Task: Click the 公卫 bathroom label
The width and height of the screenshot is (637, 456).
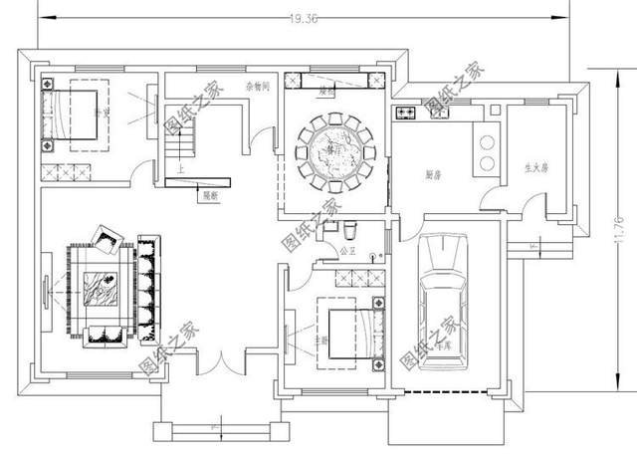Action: coord(348,251)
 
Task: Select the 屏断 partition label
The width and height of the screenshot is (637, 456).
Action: coord(210,195)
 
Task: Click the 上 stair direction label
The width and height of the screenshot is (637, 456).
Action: coord(179,170)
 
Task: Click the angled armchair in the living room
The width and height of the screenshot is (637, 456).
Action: coord(107,239)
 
